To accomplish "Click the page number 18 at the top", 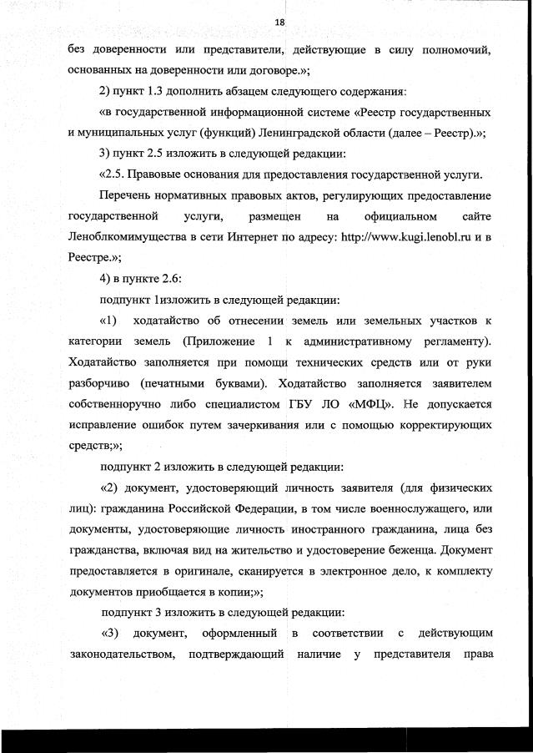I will [279, 23].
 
